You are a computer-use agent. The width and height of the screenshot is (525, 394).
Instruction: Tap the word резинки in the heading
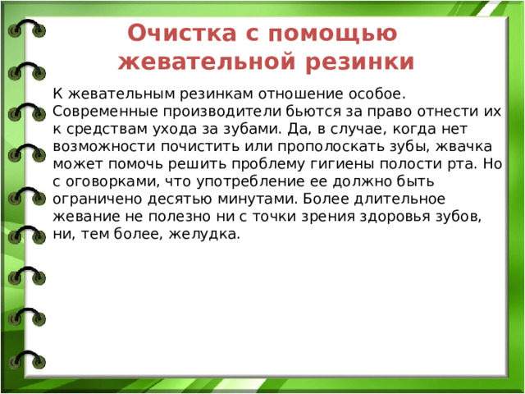[x=367, y=62]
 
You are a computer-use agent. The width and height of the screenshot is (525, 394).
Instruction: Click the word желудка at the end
[x=212, y=236]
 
